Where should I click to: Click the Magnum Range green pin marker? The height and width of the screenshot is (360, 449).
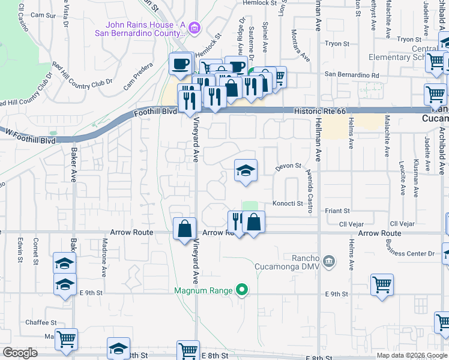[242, 290]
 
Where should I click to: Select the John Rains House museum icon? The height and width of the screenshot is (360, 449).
[194, 28]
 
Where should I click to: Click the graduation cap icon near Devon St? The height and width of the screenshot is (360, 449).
[245, 171]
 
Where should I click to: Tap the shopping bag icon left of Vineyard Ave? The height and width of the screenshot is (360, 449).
[184, 229]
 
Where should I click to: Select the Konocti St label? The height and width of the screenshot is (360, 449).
[287, 203]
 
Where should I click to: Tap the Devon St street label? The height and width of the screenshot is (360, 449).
[288, 167]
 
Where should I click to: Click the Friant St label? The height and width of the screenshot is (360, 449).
[338, 211]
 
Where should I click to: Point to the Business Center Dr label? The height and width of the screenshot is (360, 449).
[411, 254]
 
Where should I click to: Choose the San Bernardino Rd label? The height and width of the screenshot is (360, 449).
[352, 76]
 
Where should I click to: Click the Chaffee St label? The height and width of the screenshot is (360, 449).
[41, 322]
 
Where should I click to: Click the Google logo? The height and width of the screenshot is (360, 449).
[20, 353]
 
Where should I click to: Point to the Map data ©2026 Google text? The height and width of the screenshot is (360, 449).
[411, 355]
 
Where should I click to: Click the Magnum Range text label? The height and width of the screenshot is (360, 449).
[203, 291]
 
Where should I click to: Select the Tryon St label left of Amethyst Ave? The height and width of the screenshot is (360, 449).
[337, 44]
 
